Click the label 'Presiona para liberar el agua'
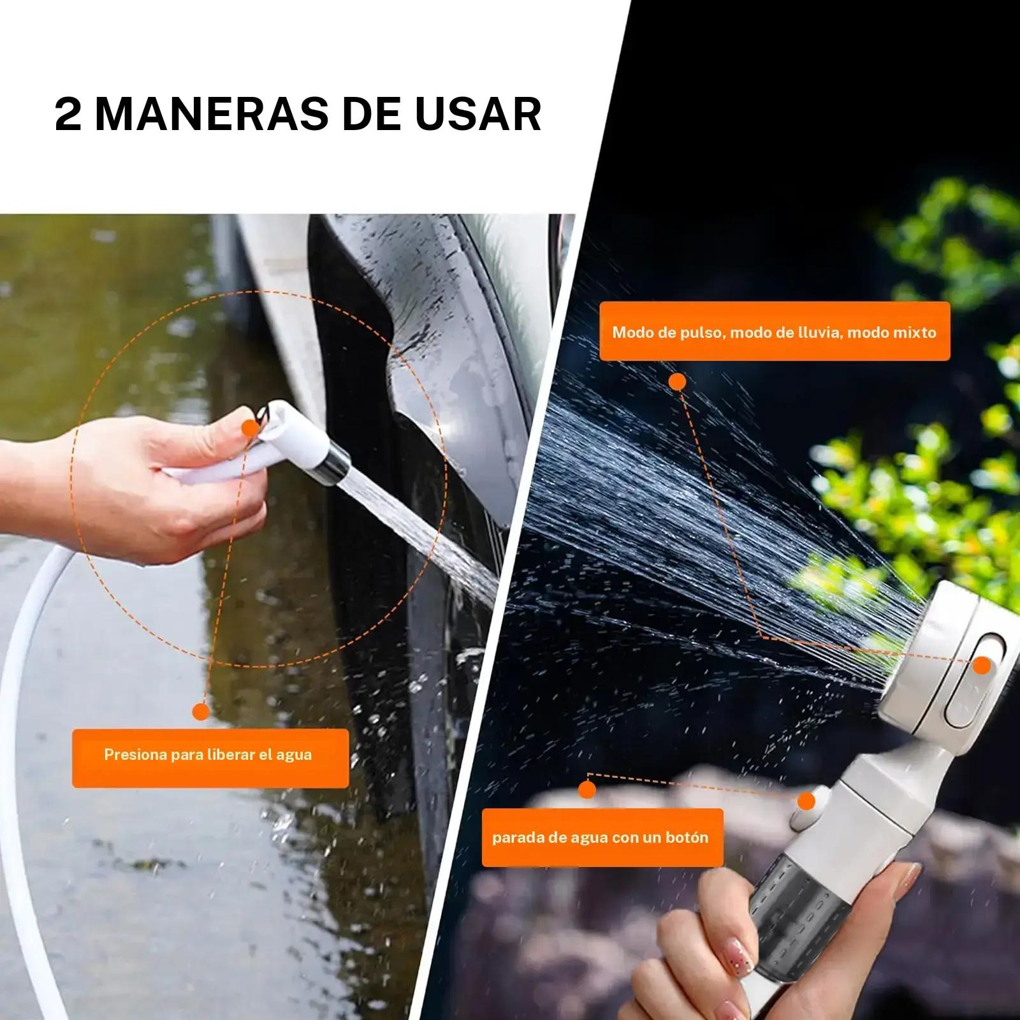click(x=208, y=755)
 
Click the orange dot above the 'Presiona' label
click(x=201, y=713)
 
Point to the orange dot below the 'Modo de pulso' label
click(x=677, y=382)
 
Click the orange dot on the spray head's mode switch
click(x=983, y=666)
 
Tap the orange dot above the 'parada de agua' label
click(x=587, y=790)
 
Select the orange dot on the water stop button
click(x=806, y=801)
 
